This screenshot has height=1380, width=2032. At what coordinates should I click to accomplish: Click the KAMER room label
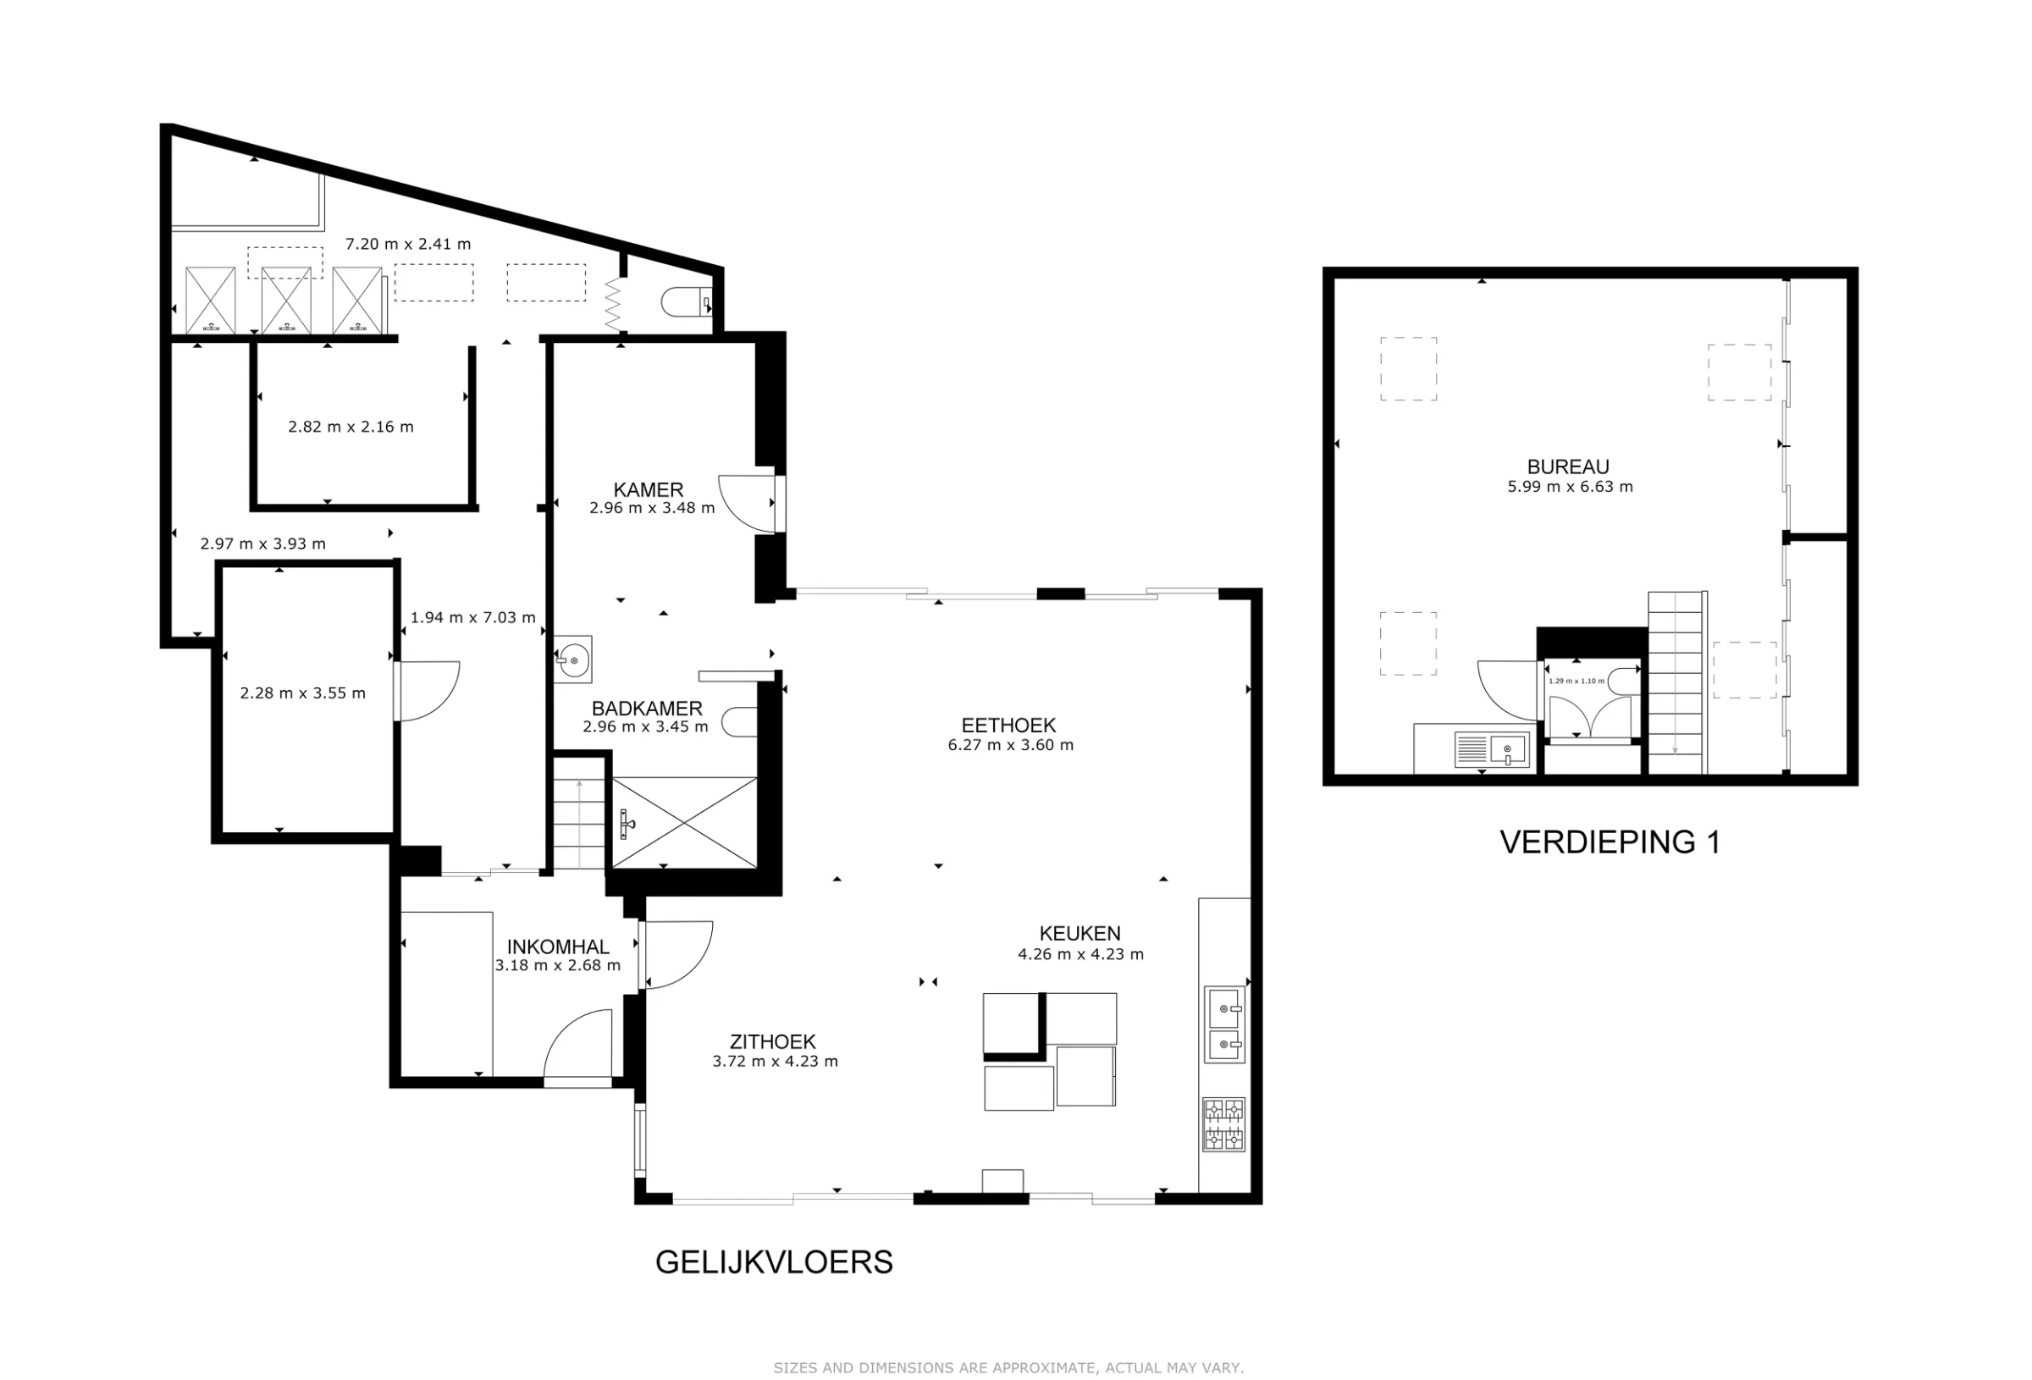(648, 489)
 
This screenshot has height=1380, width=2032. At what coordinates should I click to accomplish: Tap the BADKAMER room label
(647, 709)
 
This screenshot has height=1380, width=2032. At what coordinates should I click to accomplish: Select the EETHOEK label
(1008, 725)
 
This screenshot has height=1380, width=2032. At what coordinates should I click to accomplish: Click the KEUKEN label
(1079, 933)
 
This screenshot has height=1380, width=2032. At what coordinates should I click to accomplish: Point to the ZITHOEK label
(773, 1041)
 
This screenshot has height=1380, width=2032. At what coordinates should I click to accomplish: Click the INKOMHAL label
(558, 947)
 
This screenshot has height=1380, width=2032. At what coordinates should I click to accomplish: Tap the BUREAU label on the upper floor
(1568, 467)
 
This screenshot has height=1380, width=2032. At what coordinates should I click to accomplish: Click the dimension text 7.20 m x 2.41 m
(407, 244)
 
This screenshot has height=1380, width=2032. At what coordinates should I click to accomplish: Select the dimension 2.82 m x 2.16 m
(351, 427)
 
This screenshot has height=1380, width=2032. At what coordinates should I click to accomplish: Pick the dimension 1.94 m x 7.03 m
(473, 617)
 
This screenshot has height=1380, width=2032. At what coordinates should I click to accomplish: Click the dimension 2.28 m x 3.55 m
(302, 693)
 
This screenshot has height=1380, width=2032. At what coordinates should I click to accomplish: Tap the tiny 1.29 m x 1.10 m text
(1576, 681)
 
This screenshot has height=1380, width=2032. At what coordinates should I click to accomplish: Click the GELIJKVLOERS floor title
(774, 1262)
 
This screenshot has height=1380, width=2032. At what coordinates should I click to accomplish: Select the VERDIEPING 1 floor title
(1610, 842)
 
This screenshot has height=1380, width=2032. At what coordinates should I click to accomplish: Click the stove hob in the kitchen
(1223, 1124)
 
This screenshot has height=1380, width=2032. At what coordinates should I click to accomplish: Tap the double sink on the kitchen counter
(1224, 1024)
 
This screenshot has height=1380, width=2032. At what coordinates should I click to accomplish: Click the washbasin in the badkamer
(573, 659)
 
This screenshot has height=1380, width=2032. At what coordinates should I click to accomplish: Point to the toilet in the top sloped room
(687, 302)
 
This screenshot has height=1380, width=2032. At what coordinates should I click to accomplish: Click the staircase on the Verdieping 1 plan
(1676, 682)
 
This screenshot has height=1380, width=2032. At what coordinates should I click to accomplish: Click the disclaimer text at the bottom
(1008, 1368)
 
